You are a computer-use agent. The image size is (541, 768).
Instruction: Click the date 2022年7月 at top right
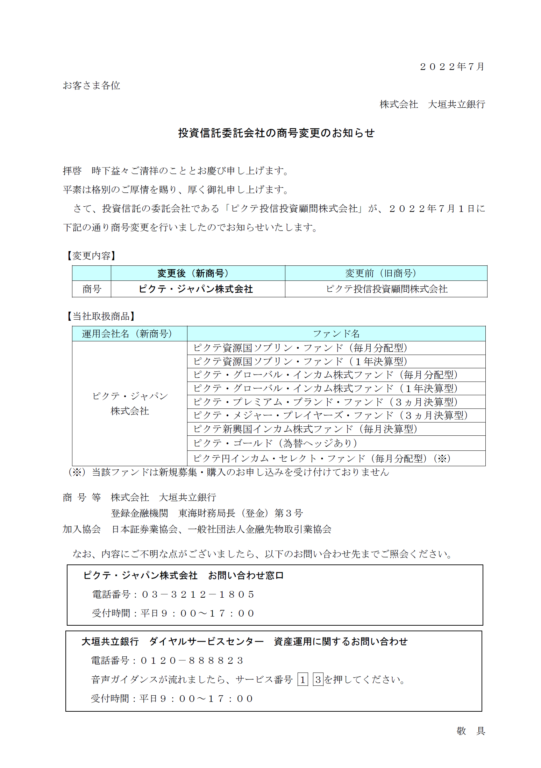pos(452,66)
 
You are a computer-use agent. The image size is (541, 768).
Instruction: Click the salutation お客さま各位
pos(91,85)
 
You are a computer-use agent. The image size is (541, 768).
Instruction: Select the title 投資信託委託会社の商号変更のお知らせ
pos(276,133)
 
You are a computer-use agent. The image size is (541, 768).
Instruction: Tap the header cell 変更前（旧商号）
pos(386,273)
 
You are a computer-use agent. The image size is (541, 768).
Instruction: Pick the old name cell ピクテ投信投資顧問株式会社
pos(386,289)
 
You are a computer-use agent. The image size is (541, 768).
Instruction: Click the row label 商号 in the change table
pos(92,289)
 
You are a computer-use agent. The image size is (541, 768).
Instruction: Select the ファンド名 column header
pos(336,334)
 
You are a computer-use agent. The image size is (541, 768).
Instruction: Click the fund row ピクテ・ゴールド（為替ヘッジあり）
pos(275,443)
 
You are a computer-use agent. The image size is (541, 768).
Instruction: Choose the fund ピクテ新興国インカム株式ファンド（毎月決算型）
pos(305,429)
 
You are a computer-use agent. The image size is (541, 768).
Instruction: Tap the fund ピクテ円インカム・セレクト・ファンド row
pos(322,458)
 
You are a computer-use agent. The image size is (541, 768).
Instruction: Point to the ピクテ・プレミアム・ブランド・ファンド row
pos(325,402)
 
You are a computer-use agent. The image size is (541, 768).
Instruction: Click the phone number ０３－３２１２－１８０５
pos(198,594)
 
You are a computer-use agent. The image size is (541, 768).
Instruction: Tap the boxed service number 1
pos(302,680)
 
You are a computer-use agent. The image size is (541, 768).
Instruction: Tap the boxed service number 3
pos(318,680)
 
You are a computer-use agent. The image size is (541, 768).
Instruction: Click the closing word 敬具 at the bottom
pos(471,731)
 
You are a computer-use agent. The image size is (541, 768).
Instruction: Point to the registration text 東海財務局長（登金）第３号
pos(241,513)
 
